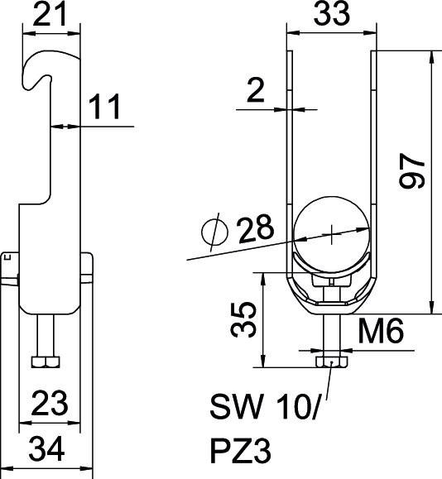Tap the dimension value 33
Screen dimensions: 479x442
click(329, 14)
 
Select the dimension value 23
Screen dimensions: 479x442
click(51, 403)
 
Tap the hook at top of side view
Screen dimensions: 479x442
click(41, 69)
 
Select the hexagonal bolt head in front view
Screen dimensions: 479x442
click(330, 362)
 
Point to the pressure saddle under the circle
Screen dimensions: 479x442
click(330, 286)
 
